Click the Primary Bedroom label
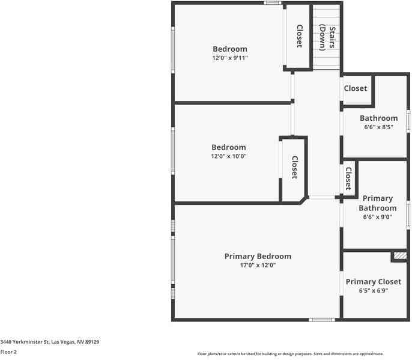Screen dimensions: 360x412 point(258,256)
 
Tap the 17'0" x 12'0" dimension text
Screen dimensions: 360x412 point(258,265)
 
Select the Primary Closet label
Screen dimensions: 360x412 point(373,281)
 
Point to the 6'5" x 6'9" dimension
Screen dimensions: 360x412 point(373,290)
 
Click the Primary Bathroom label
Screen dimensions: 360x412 point(378,203)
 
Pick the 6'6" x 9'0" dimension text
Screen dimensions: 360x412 point(378,218)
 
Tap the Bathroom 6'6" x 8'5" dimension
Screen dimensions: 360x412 point(378,127)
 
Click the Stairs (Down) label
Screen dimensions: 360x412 point(326,37)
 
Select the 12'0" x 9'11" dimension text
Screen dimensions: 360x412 point(229,58)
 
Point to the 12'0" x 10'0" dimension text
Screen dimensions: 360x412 point(228,156)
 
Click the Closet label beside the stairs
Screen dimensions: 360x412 point(299,36)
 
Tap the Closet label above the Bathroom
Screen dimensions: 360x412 point(355,88)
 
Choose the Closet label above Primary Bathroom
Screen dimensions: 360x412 point(348,178)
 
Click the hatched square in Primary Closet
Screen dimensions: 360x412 point(399,256)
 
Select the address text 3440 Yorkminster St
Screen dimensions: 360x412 point(50,342)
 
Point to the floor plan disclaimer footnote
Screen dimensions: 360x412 point(291,354)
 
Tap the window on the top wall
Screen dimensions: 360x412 point(273,3)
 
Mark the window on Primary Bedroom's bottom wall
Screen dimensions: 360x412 point(321,320)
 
